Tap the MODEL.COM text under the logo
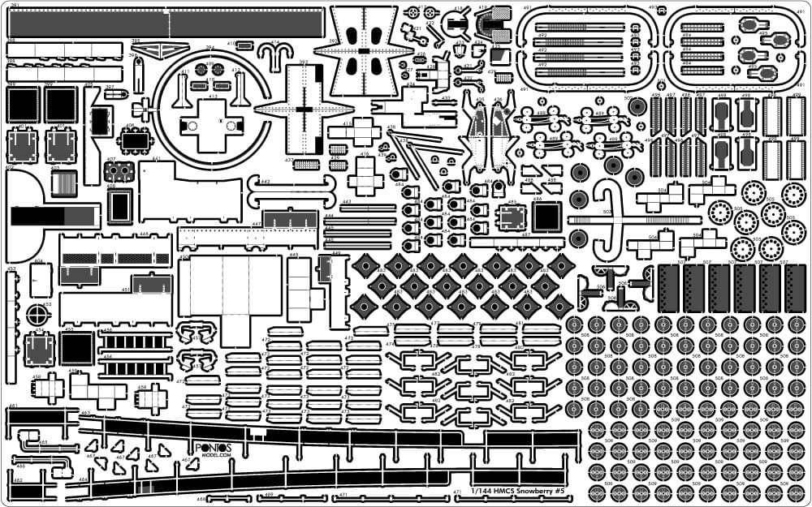click(214, 456)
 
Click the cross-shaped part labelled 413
click(213, 126)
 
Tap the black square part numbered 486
click(546, 216)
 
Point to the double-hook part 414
click(280, 49)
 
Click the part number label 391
click(15, 6)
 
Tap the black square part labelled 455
click(77, 348)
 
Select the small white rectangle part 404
click(40, 281)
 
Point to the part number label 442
click(265, 182)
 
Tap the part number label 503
click(607, 212)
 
